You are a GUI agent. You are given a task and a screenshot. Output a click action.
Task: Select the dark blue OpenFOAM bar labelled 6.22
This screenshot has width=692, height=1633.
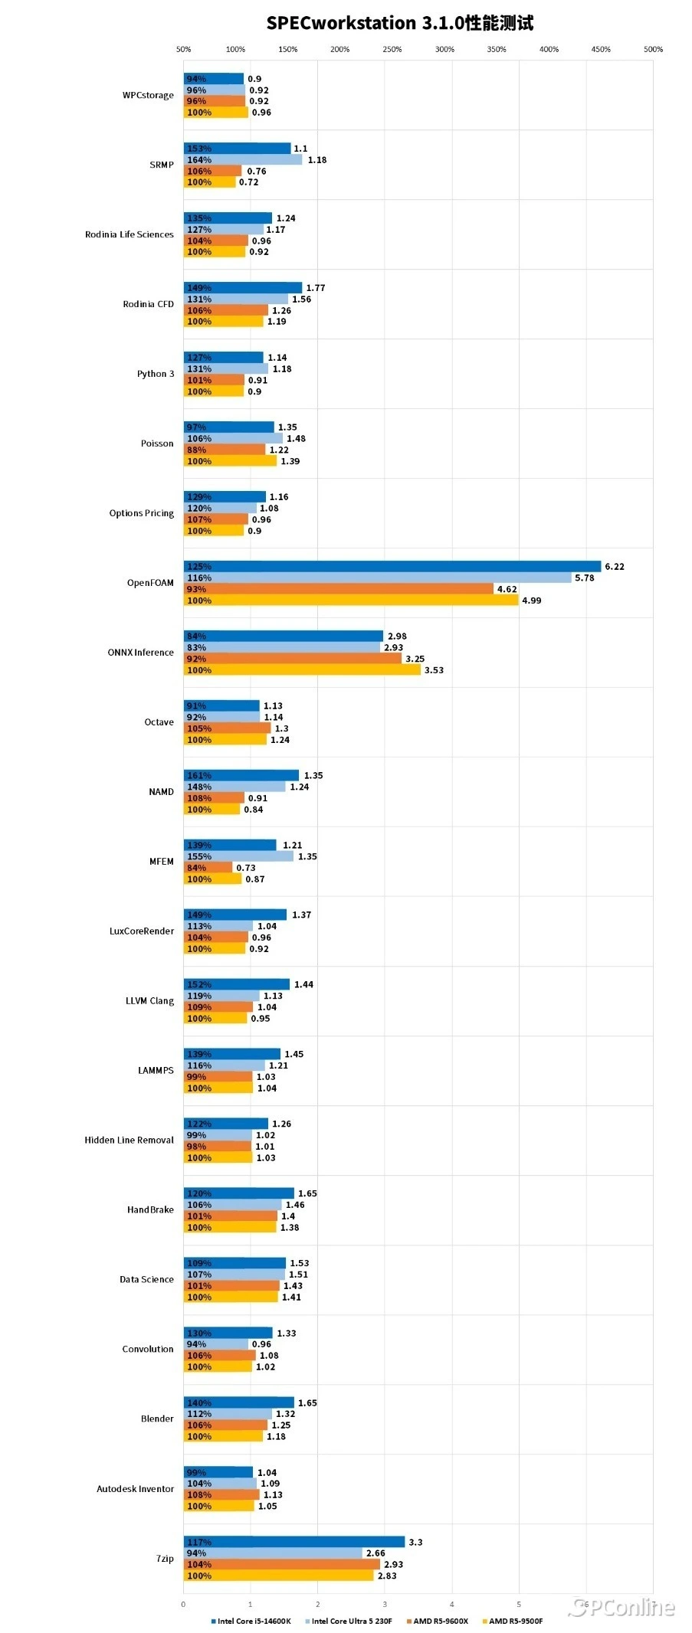(x=392, y=566)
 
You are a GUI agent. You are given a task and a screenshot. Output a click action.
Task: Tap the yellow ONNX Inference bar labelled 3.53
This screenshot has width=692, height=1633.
(x=302, y=670)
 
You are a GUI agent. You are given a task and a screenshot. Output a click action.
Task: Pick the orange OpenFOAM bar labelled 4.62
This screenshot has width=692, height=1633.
(x=338, y=589)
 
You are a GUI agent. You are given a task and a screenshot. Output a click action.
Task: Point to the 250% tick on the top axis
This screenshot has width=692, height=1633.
(x=392, y=49)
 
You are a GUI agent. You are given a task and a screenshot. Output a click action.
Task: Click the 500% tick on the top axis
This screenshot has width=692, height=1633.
(x=653, y=49)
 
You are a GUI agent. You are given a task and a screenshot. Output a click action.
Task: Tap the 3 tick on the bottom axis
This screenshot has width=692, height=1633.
(x=385, y=1604)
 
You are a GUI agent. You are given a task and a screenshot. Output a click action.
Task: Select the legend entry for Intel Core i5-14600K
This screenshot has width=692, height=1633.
(x=253, y=1621)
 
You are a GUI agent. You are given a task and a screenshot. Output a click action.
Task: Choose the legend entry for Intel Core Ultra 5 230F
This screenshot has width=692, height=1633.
(x=351, y=1621)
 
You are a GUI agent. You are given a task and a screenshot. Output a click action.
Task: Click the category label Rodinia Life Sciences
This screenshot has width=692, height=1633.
(x=129, y=234)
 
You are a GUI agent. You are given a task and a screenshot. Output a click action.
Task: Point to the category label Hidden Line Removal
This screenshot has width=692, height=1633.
(x=129, y=1140)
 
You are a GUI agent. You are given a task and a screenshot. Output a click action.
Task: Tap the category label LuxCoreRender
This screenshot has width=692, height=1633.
(x=141, y=931)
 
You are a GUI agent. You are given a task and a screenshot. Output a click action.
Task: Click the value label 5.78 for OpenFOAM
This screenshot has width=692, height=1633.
(x=584, y=578)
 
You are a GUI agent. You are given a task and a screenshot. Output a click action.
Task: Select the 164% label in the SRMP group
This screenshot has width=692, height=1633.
(x=199, y=160)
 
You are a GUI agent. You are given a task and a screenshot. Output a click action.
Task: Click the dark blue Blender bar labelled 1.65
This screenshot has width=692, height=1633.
(x=238, y=1402)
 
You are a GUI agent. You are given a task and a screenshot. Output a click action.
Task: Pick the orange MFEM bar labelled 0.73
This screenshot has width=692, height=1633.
(x=208, y=868)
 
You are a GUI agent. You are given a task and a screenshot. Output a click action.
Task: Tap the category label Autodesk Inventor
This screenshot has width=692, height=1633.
(x=135, y=1488)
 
